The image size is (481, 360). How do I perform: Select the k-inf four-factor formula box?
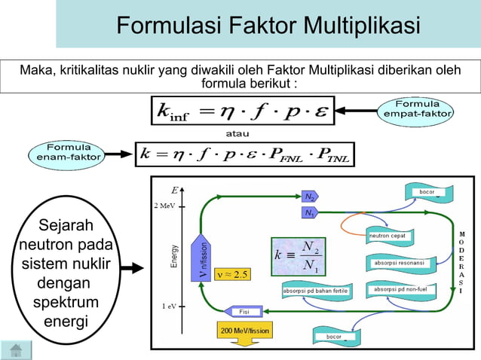tap(240, 110)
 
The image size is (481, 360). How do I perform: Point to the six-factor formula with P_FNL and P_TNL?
tap(244, 154)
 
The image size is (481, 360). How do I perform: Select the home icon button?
tap(16, 349)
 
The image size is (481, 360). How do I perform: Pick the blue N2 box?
tap(310, 197)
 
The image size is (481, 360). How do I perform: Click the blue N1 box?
tap(309, 213)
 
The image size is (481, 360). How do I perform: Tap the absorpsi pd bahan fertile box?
tap(315, 290)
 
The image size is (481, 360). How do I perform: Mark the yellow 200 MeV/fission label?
tap(244, 331)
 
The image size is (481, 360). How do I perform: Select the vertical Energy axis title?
tap(175, 256)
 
